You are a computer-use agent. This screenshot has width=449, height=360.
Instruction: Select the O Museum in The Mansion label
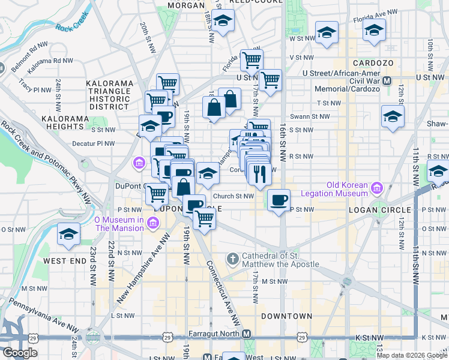point(119,223)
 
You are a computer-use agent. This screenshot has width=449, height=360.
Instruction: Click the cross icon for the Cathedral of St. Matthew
point(233,259)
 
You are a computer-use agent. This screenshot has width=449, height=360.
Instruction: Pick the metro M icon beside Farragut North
point(246,334)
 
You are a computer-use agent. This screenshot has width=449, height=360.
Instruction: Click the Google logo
point(20,353)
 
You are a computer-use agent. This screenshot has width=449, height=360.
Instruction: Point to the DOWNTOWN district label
point(286,316)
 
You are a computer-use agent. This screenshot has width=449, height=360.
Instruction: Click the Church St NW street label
point(234,196)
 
